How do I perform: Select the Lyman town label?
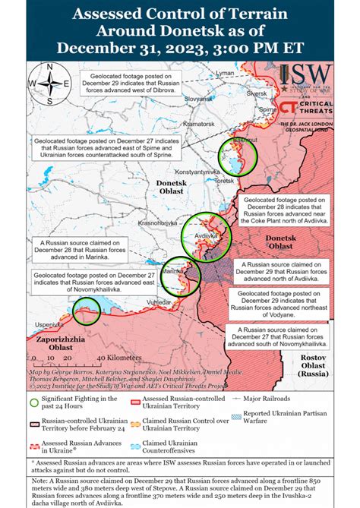(226, 73)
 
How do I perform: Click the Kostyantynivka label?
(201, 172)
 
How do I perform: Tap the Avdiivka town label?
(207, 235)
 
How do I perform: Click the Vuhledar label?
(181, 302)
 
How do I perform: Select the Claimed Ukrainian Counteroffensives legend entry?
(172, 448)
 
